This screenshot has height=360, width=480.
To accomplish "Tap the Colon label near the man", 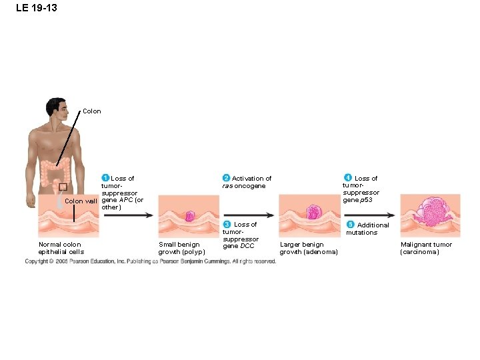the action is click(92, 111).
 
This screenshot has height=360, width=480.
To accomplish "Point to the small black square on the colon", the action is click(63, 187).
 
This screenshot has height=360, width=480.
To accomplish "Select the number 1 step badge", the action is click(105, 178).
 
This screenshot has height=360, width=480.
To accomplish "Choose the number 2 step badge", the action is click(226, 178).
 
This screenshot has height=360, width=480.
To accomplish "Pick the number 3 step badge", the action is click(227, 224).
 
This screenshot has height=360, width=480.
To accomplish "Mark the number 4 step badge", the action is click(348, 177).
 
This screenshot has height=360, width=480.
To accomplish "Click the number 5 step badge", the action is click(351, 224).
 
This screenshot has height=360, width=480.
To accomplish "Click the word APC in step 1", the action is click(125, 200).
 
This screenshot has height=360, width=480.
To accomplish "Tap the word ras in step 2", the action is click(227, 186).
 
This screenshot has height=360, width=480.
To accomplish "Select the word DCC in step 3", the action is click(247, 246).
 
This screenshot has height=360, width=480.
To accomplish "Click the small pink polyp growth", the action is click(189, 216).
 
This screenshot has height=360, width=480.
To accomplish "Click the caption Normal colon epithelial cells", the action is click(61, 248).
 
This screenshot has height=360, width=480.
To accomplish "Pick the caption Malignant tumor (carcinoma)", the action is click(426, 248).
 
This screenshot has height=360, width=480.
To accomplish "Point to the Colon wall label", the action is click(81, 201).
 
